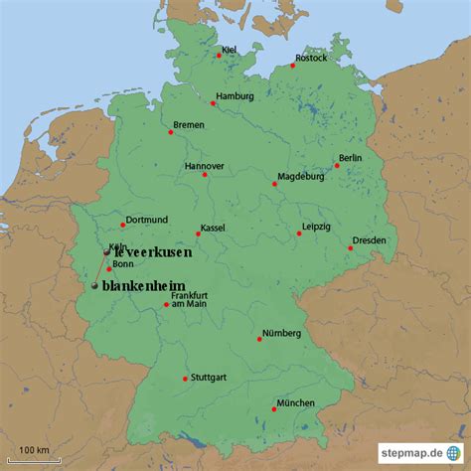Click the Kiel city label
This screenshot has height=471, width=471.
tap(230, 49)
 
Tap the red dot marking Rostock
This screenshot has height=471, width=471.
tap(293, 67)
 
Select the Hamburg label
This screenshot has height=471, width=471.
tap(235, 96)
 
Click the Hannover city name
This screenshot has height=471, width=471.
tap(205, 166)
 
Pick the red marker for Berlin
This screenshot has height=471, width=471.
tap(337, 165)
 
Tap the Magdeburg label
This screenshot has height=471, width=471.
tap(300, 177)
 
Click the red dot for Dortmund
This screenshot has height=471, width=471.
tap(123, 225)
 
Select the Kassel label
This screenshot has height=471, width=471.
tap(213, 228)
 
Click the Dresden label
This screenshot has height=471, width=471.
tap(369, 240)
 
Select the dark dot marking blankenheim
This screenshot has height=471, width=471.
tap(94, 286)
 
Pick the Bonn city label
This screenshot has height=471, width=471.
tap(123, 264)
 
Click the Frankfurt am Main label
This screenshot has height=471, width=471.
tap(188, 298)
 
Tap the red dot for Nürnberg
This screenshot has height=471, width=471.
tap(259, 339)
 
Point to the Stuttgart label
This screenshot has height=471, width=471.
tap(207, 378)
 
